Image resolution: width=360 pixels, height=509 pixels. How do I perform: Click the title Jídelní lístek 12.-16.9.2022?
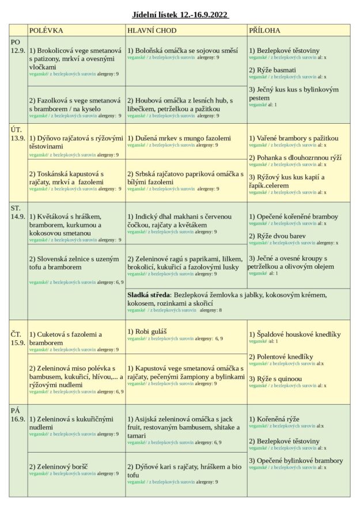click(180, 14)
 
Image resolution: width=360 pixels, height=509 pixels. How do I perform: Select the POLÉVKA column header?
click(46, 31)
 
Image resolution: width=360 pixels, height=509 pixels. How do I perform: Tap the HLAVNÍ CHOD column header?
click(152, 31)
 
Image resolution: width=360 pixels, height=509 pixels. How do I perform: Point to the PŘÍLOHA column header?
click(265, 31)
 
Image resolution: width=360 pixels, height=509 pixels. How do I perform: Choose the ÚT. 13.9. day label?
click(18, 134)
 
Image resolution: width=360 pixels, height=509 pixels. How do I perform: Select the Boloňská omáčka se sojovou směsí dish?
click(182, 51)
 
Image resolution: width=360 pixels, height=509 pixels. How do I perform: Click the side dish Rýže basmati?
click(272, 70)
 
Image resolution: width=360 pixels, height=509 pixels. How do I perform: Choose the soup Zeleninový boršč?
click(61, 466)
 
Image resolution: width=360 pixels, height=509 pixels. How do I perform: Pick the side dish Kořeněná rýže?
click(274, 419)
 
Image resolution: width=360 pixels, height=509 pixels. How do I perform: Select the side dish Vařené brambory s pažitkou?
click(294, 138)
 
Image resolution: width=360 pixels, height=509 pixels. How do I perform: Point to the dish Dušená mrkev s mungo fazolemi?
click(179, 138)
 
